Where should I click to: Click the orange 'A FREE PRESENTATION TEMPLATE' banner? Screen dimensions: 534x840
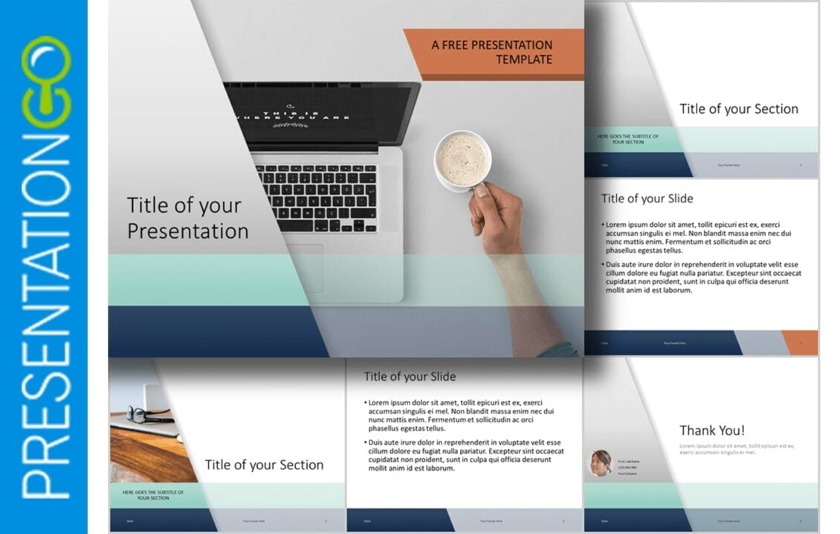tap(492, 53)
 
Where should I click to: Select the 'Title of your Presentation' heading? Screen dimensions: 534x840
tap(187, 218)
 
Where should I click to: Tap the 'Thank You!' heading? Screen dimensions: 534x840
tap(711, 431)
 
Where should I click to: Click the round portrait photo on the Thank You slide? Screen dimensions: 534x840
tap(601, 463)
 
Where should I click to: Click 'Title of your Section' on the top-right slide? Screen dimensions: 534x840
tap(738, 109)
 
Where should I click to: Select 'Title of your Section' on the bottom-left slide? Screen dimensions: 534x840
tap(264, 465)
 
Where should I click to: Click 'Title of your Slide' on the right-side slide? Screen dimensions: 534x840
tap(647, 199)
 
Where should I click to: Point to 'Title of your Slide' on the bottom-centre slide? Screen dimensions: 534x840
tap(410, 376)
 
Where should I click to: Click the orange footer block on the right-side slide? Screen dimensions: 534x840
tap(799, 343)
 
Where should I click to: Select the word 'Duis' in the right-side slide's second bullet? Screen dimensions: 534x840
tap(615, 265)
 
